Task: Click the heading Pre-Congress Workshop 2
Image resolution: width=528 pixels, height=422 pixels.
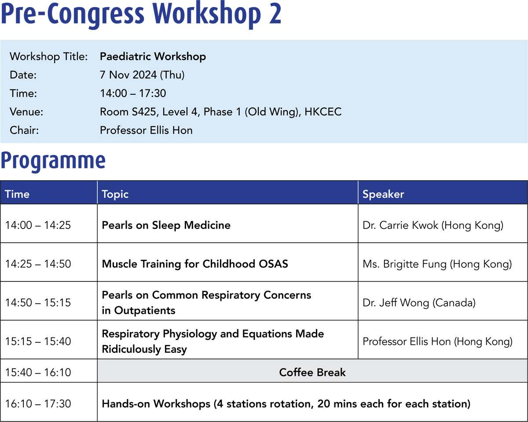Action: click(x=141, y=15)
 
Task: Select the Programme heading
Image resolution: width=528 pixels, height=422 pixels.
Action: click(x=53, y=161)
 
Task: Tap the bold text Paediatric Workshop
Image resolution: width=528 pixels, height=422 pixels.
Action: click(x=153, y=57)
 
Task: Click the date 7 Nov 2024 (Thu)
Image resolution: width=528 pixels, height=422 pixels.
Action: click(x=142, y=75)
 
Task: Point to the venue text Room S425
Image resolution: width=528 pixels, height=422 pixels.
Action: click(x=128, y=112)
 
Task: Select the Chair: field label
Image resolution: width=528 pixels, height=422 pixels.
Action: click(x=24, y=130)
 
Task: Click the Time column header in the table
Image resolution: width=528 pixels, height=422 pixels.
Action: click(x=17, y=194)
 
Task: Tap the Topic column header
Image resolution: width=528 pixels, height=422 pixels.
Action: click(x=115, y=194)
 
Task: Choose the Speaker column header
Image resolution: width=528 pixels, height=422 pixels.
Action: click(x=383, y=194)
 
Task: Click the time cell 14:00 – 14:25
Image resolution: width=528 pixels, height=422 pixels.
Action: click(x=38, y=225)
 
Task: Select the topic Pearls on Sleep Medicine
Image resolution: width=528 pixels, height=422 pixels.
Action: click(x=166, y=225)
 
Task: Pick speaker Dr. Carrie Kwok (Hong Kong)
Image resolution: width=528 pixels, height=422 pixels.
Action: click(x=433, y=225)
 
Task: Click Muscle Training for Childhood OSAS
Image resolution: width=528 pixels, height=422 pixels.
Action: click(x=195, y=264)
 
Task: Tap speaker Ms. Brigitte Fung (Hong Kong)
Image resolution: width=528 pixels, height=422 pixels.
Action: click(x=437, y=264)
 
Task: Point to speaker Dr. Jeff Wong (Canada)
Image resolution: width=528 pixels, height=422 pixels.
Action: click(x=419, y=303)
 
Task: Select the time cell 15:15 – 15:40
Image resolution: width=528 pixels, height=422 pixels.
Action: click(x=38, y=341)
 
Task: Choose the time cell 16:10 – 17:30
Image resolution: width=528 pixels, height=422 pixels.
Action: click(x=38, y=403)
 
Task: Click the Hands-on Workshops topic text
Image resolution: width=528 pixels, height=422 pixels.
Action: click(x=286, y=404)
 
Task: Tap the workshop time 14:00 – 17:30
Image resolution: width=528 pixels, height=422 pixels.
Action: click(x=133, y=93)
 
